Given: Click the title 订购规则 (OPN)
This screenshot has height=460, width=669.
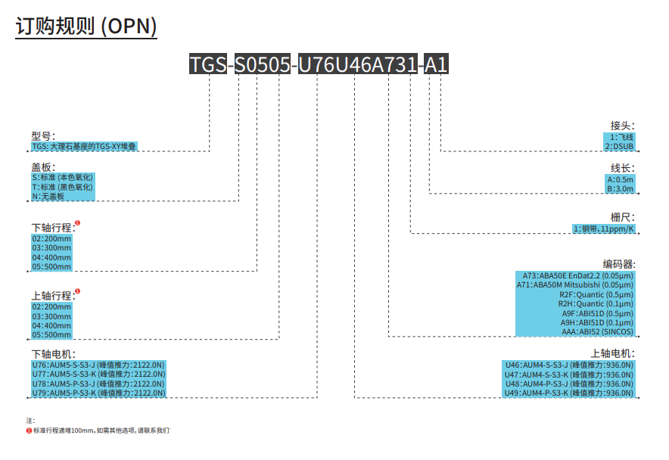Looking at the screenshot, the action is tap(86, 26).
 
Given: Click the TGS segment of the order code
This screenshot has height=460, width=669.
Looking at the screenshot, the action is tap(208, 64).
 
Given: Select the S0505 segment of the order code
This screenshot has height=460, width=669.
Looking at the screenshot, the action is tap(263, 64).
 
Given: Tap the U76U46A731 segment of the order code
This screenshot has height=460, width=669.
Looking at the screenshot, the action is tap(357, 64).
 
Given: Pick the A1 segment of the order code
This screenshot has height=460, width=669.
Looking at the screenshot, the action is tap(436, 64).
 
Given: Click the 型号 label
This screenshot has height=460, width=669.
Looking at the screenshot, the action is tap(43, 136).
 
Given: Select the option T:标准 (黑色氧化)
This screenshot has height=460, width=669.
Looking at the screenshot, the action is tap(62, 187).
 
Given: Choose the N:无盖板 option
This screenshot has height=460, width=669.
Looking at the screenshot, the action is tap(48, 196).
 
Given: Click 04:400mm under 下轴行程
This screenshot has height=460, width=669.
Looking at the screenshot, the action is tap(51, 257).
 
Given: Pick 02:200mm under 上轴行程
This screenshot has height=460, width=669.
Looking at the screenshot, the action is tap(51, 307).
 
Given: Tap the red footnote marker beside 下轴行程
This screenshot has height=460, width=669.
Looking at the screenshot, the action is tap(77, 222).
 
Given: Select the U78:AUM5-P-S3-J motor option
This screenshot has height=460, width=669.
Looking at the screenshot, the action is tap(98, 384).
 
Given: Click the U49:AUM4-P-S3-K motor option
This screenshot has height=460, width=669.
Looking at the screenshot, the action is tap(569, 393).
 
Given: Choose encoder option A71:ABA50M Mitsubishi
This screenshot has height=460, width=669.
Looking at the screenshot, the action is tap(574, 285).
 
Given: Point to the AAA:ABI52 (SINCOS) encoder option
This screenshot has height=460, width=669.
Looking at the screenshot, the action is tap(597, 331).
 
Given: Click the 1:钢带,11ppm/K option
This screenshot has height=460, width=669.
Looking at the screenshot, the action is tap(604, 228).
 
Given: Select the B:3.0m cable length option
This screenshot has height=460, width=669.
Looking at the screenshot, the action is tap(621, 188).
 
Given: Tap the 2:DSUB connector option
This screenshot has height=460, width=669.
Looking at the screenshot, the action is tap(619, 146).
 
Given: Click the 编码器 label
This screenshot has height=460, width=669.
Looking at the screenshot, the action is tap(618, 264).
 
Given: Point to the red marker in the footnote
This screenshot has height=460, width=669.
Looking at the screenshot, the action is tap(29, 430).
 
